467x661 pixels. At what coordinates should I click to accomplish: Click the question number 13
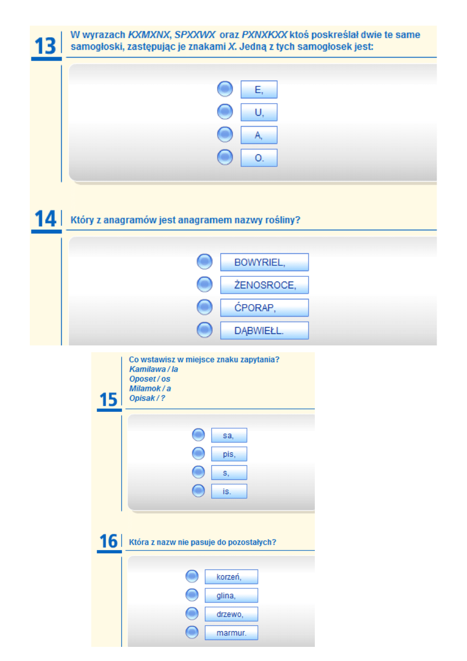pos(45,46)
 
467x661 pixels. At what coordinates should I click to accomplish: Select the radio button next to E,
pos(225,89)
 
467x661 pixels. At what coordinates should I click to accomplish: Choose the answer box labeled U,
pos(259,112)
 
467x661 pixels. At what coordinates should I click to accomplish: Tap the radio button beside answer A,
pos(225,135)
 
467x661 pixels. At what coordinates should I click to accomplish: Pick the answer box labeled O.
pos(259,158)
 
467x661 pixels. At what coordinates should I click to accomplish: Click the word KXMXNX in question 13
pos(149,35)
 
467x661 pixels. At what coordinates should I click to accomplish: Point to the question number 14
pos(45,218)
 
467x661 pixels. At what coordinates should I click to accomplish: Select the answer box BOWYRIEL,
pos(265,262)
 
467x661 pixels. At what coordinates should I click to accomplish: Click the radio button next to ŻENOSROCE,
pos(204,285)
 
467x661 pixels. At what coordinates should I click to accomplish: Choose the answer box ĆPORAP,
pos(265,308)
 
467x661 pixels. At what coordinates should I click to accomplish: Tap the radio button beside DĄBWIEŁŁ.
pos(204,330)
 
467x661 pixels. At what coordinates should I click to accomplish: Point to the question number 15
pos(108,399)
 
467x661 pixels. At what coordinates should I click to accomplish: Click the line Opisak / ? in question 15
pos(147,398)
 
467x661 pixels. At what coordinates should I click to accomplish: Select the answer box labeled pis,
pos(229,454)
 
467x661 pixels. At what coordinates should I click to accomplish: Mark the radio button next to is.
pos(198,491)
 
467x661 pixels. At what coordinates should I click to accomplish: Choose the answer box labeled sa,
pos(229,435)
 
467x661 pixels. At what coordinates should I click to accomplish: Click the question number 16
pos(108,541)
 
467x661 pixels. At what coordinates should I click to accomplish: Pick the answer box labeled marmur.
pos(232,633)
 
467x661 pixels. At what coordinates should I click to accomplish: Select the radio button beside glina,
pos(192,595)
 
